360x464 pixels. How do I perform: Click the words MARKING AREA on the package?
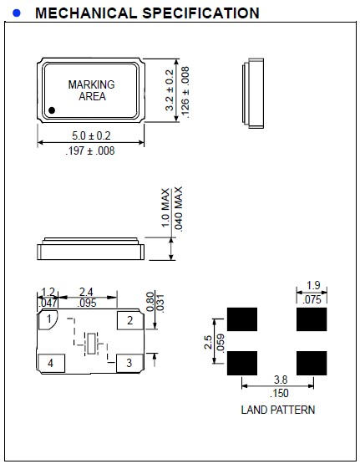pos(92,90)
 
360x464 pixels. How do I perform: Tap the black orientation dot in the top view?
pos(52,110)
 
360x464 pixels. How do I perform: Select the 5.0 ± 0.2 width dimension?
pos(91,135)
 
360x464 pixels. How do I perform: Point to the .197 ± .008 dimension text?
pos(91,151)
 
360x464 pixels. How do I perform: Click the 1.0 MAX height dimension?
pos(165,209)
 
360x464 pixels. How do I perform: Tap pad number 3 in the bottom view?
pos(129,362)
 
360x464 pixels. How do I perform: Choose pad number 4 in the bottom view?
pos(51,363)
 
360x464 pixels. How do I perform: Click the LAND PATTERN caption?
pos(278,410)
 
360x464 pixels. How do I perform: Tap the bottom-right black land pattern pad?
pos(312,362)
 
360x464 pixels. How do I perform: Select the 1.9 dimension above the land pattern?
pos(312,285)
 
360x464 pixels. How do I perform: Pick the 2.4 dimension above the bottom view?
pos(86,293)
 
